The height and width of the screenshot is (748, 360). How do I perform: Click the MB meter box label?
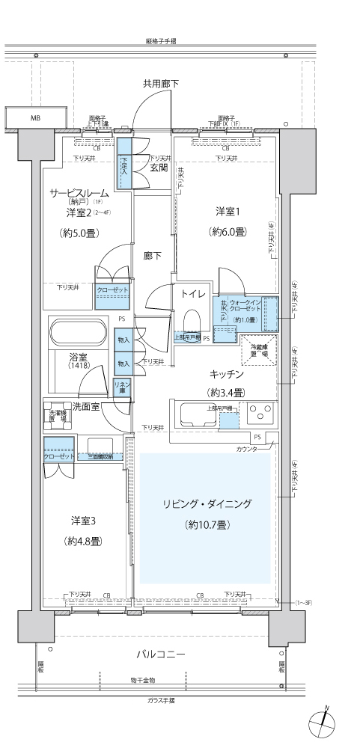click(x=35, y=118)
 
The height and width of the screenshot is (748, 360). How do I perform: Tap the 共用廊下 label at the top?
click(x=161, y=83)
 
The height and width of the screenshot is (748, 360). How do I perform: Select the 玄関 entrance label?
click(x=158, y=168)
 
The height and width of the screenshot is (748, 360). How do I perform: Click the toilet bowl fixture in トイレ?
click(x=192, y=320)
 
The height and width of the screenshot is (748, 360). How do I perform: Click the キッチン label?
click(x=228, y=373)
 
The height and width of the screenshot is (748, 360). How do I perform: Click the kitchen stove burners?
click(x=260, y=414)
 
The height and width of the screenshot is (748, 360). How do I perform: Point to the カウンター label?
click(x=246, y=449)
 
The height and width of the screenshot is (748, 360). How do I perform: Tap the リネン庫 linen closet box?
click(x=123, y=387)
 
